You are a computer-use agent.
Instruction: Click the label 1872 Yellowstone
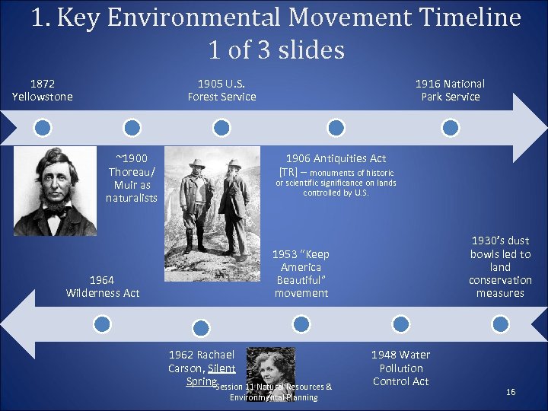pyautogui.click(x=43, y=90)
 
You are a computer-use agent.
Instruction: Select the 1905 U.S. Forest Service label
pyautogui.click(x=221, y=90)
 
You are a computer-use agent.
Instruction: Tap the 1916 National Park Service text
pyautogui.click(x=450, y=90)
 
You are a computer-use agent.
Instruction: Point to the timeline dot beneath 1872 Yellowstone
pyautogui.click(x=43, y=127)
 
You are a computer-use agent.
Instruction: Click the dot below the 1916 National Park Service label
pyautogui.click(x=451, y=127)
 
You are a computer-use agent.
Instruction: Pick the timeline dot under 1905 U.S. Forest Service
pyautogui.click(x=221, y=127)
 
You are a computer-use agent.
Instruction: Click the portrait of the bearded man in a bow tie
pyautogui.click(x=55, y=190)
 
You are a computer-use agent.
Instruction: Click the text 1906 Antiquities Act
pyautogui.click(x=336, y=158)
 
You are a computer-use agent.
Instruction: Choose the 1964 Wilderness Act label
pyautogui.click(x=103, y=286)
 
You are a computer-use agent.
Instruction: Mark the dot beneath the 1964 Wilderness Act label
pyautogui.click(x=102, y=324)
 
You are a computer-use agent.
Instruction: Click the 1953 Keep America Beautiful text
pyautogui.click(x=301, y=273)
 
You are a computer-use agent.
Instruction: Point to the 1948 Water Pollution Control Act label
pyautogui.click(x=400, y=368)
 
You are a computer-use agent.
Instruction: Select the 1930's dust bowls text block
pyautogui.click(x=500, y=266)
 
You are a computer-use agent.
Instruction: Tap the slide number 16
pyautogui.click(x=511, y=392)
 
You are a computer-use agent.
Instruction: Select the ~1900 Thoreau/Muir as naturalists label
pyautogui.click(x=132, y=177)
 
